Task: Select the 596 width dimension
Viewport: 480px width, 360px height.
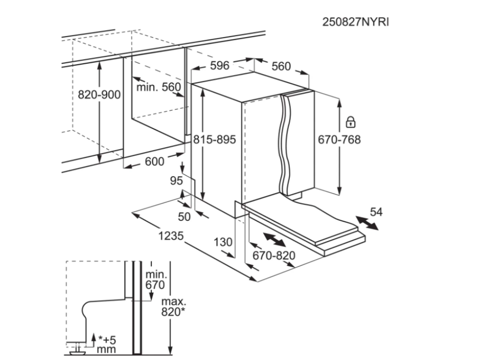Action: [x=219, y=66]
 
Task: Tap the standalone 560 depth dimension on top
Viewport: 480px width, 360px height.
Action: [x=281, y=66]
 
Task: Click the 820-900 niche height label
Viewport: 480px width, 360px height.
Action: [x=99, y=95]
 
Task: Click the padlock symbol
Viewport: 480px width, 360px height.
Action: [x=350, y=122]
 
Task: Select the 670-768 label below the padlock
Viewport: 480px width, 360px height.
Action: [x=339, y=140]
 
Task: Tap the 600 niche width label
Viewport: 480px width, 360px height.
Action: [x=155, y=161]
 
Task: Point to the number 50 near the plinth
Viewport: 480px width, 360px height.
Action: [x=185, y=216]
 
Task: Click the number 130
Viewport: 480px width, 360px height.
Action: [x=223, y=242]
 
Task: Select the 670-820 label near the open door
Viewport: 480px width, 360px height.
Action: [x=274, y=255]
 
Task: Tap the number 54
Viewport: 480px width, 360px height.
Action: [x=376, y=212]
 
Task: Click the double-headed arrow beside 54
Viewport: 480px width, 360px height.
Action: [x=367, y=223]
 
